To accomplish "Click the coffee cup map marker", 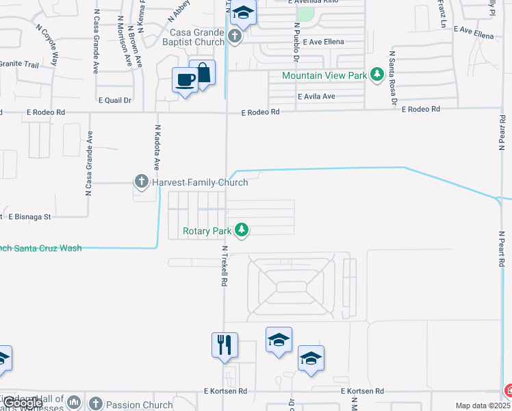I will (x=185, y=81).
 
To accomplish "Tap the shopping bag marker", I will (x=203, y=73).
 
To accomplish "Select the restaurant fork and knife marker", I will (x=225, y=346).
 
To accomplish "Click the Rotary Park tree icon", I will (x=241, y=230).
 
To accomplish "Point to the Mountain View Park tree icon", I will (x=376, y=75).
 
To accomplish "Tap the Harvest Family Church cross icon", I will (x=142, y=182).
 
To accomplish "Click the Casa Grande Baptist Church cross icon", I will (x=235, y=36).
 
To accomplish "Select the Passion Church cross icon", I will (x=95, y=404).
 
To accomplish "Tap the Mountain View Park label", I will (x=324, y=75).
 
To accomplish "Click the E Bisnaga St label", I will (x=29, y=216).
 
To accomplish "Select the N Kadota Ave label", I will (x=157, y=147).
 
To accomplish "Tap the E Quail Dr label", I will (x=114, y=100).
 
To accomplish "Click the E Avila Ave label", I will (x=316, y=97).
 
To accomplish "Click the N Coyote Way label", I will (x=47, y=44).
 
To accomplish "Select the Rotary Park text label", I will (x=207, y=231).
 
